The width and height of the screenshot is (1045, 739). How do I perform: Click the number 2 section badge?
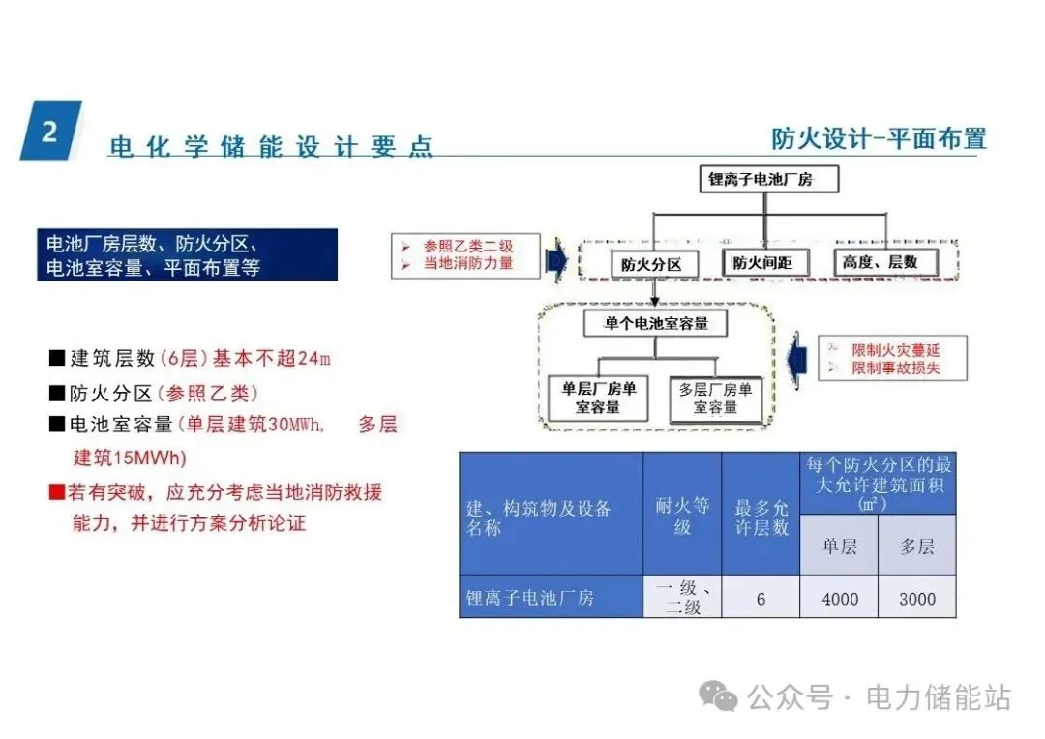pyautogui.click(x=50, y=131)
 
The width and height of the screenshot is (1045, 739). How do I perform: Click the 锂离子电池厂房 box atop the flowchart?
pyautogui.click(x=761, y=179)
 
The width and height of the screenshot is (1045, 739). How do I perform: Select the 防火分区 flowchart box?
pyautogui.click(x=651, y=264)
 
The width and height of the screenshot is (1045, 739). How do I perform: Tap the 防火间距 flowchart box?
pyautogui.click(x=762, y=262)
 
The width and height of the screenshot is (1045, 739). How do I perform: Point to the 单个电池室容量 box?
pyautogui.click(x=656, y=323)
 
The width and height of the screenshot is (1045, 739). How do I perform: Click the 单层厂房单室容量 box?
pyautogui.click(x=598, y=399)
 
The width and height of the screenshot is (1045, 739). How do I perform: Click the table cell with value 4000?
pyautogui.click(x=839, y=599)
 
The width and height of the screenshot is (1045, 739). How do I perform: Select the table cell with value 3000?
pyautogui.click(x=917, y=599)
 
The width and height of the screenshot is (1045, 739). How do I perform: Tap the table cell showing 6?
pyautogui.click(x=761, y=599)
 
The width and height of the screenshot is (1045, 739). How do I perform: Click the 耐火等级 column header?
pyautogui.click(x=682, y=516)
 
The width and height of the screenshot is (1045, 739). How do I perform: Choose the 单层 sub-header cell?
pyautogui.click(x=839, y=547)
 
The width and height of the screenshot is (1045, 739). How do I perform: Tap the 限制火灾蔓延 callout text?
pyautogui.click(x=895, y=350)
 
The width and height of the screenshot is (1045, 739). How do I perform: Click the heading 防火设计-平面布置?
pyautogui.click(x=879, y=138)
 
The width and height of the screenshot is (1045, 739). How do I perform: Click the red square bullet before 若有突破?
pyautogui.click(x=57, y=492)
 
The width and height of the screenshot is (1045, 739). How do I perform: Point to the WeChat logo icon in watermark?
pyautogui.click(x=719, y=695)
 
